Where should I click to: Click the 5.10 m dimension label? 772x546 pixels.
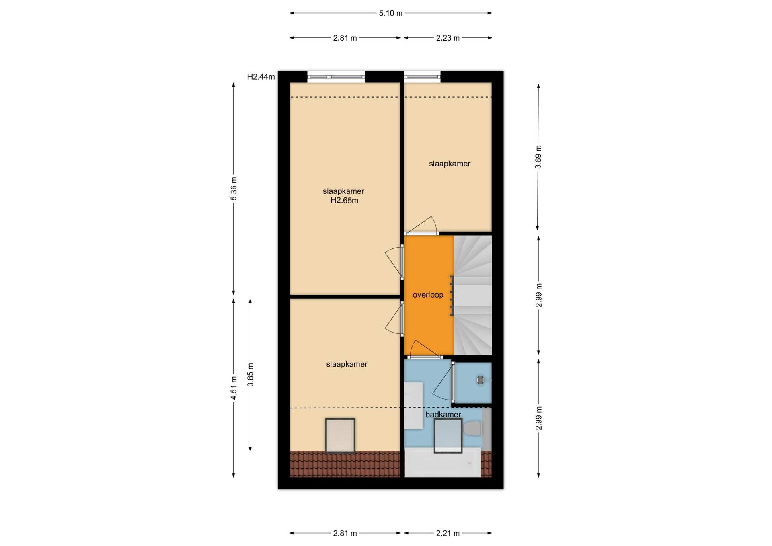(390, 13)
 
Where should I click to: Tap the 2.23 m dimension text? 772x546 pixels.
(448, 38)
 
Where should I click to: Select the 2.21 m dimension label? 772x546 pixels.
(448, 534)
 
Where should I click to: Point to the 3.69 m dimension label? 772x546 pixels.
(538, 157)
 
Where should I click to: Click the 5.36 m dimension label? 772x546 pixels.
(234, 189)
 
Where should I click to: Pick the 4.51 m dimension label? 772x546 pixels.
(234, 388)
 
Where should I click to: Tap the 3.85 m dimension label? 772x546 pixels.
(250, 375)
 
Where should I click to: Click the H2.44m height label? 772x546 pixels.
(261, 77)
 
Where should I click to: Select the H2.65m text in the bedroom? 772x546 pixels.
(344, 201)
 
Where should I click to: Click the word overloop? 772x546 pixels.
(428, 295)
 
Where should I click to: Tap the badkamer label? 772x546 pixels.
(443, 415)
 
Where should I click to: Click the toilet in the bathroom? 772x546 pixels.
(472, 428)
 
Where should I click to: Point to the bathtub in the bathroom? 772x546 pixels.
(442, 462)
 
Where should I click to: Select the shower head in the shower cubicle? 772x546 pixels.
(481, 380)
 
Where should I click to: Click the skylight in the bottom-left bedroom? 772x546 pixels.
(340, 436)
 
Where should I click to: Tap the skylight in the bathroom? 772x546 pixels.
(448, 435)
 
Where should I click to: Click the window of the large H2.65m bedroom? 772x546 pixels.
(336, 77)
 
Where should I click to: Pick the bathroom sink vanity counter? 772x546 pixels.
(413, 406)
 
